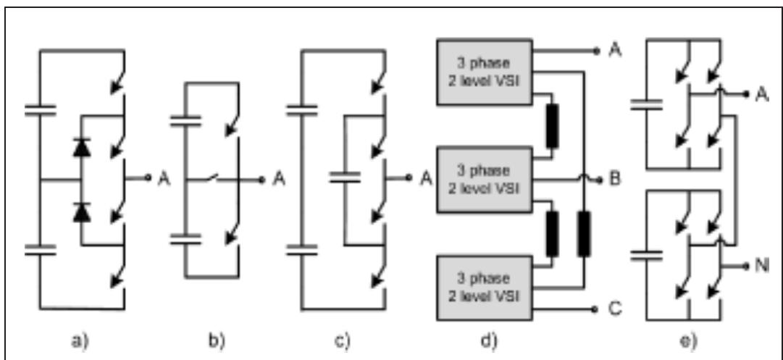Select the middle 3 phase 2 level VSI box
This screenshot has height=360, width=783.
coord(483,178)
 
